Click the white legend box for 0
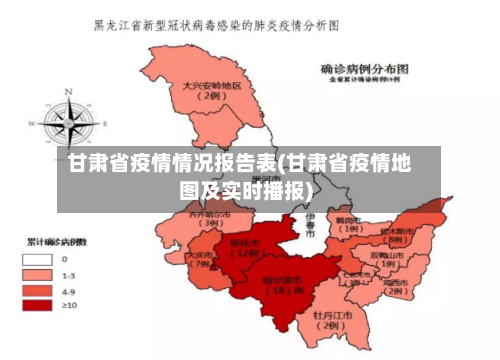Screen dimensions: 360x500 coord(37,259)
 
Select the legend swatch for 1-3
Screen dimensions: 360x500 coord(37,274)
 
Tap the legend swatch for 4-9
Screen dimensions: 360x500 coord(37,290)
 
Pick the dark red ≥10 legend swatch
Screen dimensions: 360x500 coord(37,305)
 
